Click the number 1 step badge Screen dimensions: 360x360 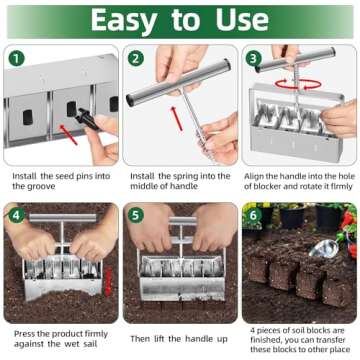click(x=16, y=59)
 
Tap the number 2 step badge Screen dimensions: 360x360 click(x=135, y=59)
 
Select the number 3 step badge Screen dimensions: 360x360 click(x=253, y=59)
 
